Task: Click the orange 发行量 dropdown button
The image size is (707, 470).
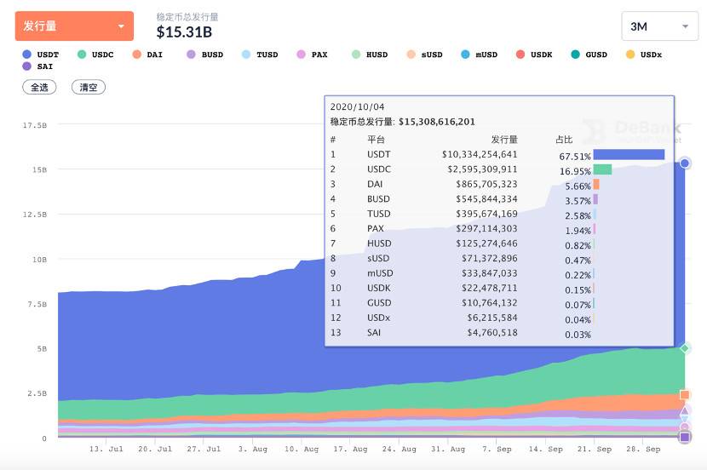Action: click(x=74, y=26)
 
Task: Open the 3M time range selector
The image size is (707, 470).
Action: click(x=660, y=26)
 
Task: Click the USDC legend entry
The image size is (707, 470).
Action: click(x=95, y=54)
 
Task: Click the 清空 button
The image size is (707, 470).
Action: click(x=89, y=87)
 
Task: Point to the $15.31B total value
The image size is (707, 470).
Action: click(x=184, y=32)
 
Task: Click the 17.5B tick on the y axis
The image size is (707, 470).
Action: click(x=35, y=125)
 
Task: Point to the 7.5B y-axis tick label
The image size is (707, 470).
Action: click(x=37, y=304)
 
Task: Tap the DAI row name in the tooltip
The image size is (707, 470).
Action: click(x=376, y=184)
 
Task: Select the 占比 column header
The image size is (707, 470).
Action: click(x=564, y=139)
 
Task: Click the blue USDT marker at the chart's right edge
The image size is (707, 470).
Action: click(x=685, y=163)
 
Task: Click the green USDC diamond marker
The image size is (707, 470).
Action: click(x=685, y=348)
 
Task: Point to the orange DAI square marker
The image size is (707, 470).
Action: click(x=685, y=394)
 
